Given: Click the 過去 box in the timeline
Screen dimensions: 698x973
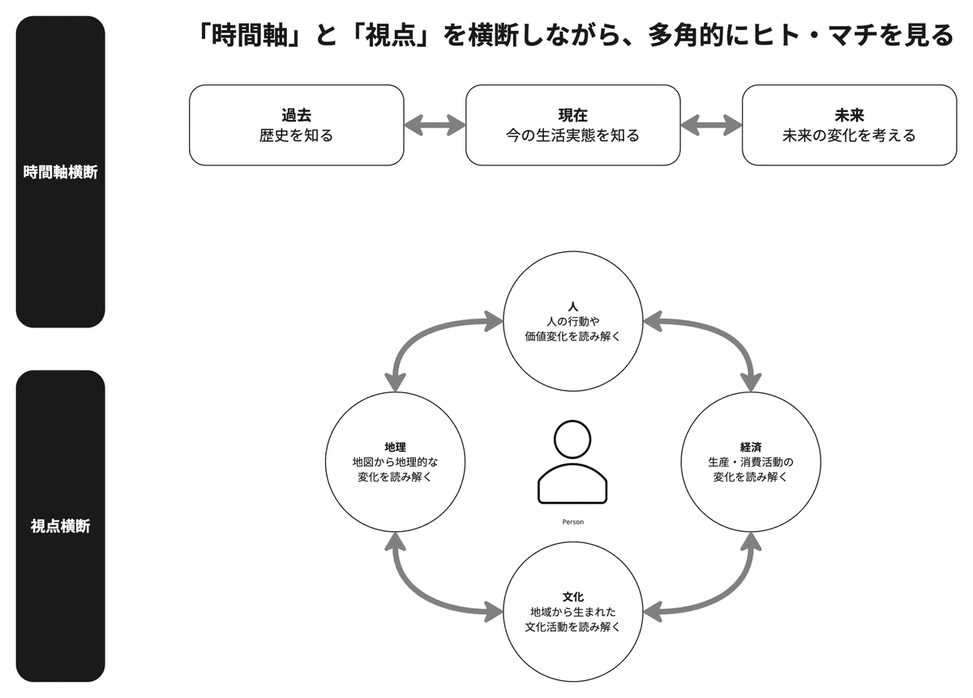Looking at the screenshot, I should pyautogui.click(x=296, y=125).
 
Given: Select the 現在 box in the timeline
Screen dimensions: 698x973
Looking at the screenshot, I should pyautogui.click(x=572, y=125).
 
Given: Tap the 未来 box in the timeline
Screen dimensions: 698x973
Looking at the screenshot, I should pyautogui.click(x=849, y=125).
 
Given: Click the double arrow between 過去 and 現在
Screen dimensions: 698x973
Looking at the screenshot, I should pyautogui.click(x=435, y=125).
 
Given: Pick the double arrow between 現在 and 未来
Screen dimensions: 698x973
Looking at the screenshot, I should pyautogui.click(x=711, y=125).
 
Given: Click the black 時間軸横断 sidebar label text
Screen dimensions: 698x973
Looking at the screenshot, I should pyautogui.click(x=61, y=172).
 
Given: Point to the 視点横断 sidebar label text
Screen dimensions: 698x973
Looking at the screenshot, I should pyautogui.click(x=61, y=526).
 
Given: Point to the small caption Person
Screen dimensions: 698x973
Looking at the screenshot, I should pyautogui.click(x=572, y=522).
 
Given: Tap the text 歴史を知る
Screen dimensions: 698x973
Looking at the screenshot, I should pyautogui.click(x=296, y=135).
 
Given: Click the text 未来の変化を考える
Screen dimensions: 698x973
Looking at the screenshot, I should pyautogui.click(x=849, y=135).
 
